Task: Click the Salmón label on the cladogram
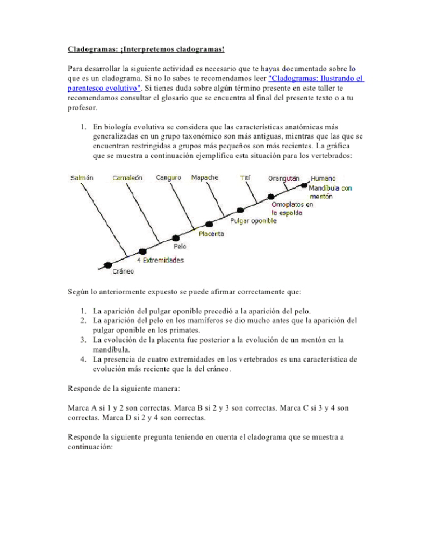tap(82, 178)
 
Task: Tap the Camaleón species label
tap(127, 178)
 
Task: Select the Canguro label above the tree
tap(168, 178)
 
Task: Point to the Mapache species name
tap(204, 178)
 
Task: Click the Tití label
tap(245, 178)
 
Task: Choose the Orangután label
tap(283, 179)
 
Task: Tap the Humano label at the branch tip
tap(323, 179)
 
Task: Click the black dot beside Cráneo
tap(107, 265)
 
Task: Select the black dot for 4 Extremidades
tap(142, 251)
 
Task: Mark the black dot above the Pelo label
tap(176, 238)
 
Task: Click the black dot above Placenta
tap(209, 224)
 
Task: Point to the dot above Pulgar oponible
tap(240, 210)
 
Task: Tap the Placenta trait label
tap(211, 234)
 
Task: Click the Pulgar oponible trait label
tap(253, 221)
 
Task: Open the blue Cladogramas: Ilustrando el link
tap(316, 79)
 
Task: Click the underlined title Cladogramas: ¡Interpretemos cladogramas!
tap(146, 49)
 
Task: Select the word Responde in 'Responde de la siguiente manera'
tap(84, 388)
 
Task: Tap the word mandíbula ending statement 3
tap(111, 350)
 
